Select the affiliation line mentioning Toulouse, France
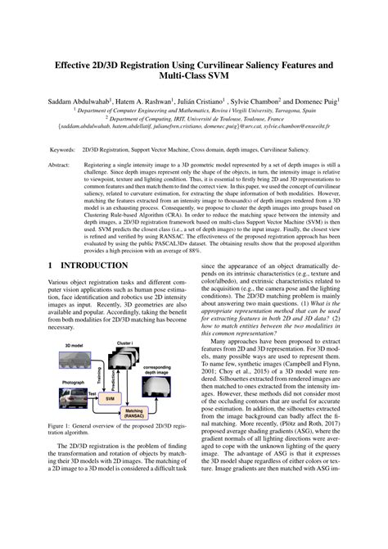[193, 118]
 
